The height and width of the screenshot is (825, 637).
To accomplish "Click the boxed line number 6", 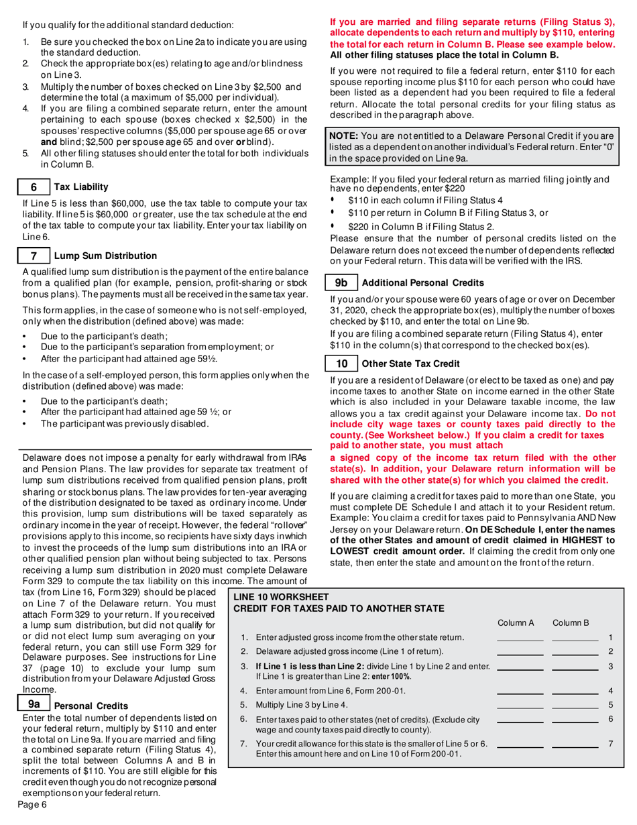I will coord(33,186).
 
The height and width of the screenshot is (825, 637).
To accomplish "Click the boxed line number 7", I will coord(33,256).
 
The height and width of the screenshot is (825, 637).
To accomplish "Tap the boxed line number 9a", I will coord(34,704).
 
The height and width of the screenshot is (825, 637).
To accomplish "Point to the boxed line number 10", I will coord(341,364).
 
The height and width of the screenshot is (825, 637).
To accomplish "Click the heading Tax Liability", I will coord(80,186).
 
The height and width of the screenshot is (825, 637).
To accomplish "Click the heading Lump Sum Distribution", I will coord(105,256).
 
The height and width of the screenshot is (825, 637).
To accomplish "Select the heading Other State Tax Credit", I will coord(410,364).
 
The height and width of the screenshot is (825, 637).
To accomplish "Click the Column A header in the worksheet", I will coord(516,623).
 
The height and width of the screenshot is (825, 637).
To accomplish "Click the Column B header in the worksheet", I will coord(571,623).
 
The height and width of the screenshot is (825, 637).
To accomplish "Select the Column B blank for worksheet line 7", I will coord(575,746).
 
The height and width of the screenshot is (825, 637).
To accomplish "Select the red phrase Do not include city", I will coord(599,414).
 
